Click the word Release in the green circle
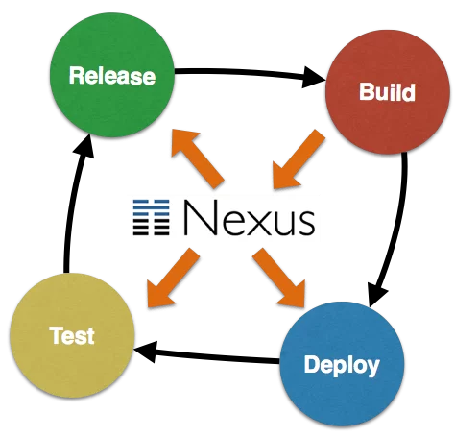[112, 76]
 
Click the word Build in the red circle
[387, 92]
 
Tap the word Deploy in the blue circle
[342, 366]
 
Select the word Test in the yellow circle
[72, 335]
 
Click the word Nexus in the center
[250, 218]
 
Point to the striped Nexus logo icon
[151, 218]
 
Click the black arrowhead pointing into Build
[313, 77]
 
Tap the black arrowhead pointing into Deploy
[377, 295]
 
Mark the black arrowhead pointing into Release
[84, 146]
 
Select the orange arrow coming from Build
[299, 160]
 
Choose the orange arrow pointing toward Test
[173, 278]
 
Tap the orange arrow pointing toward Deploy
[279, 278]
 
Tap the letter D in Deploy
[311, 364]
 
